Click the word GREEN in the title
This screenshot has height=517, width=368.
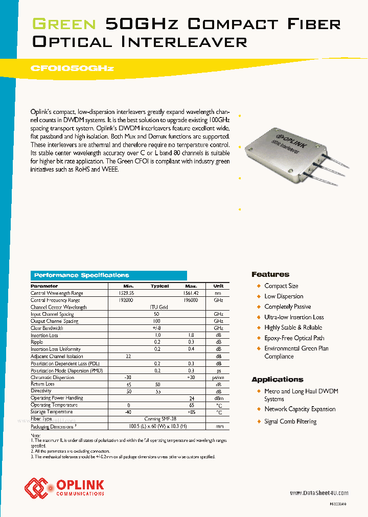point(64,24)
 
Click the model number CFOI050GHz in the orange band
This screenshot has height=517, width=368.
point(73,68)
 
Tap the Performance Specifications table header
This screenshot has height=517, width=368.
point(81,275)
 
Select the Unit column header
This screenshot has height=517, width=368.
point(218,286)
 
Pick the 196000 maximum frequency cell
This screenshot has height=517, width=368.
point(191,300)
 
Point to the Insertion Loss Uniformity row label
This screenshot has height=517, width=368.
point(56,349)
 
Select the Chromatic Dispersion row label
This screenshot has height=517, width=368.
point(52,378)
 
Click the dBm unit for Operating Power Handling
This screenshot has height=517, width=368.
point(218,398)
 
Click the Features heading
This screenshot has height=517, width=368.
point(270,274)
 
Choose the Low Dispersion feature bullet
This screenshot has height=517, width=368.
point(284,296)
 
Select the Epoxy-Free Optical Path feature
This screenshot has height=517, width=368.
point(294,338)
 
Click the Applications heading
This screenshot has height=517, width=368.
point(278,380)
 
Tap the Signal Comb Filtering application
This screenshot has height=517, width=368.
point(290,421)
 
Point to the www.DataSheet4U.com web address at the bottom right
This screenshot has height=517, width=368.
point(319,493)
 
